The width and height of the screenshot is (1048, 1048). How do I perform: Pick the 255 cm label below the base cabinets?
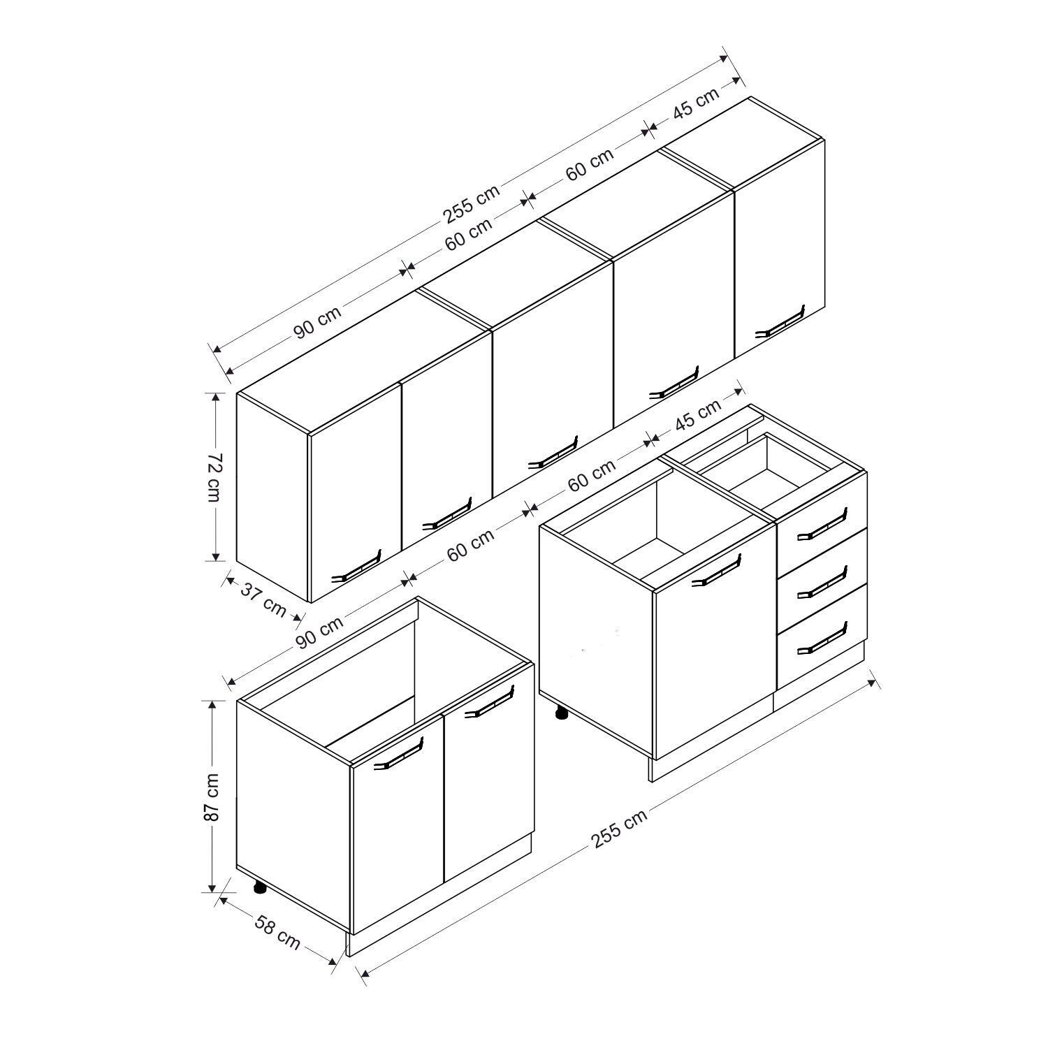point(619,827)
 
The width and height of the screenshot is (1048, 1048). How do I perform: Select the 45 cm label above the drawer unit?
point(698,416)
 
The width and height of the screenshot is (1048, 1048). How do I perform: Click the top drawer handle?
point(822,524)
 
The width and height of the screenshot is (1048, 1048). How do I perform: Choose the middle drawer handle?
point(822,581)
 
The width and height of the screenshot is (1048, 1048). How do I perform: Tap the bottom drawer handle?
point(822,638)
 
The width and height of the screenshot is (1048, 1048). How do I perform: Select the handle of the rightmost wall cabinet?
point(780,321)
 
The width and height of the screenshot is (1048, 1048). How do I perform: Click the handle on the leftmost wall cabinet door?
point(356,565)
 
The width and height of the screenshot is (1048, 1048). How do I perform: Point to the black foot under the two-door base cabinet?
point(260,888)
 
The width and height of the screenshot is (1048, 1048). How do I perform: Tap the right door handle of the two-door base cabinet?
point(489,701)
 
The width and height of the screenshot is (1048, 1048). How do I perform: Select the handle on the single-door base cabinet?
point(716,570)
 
